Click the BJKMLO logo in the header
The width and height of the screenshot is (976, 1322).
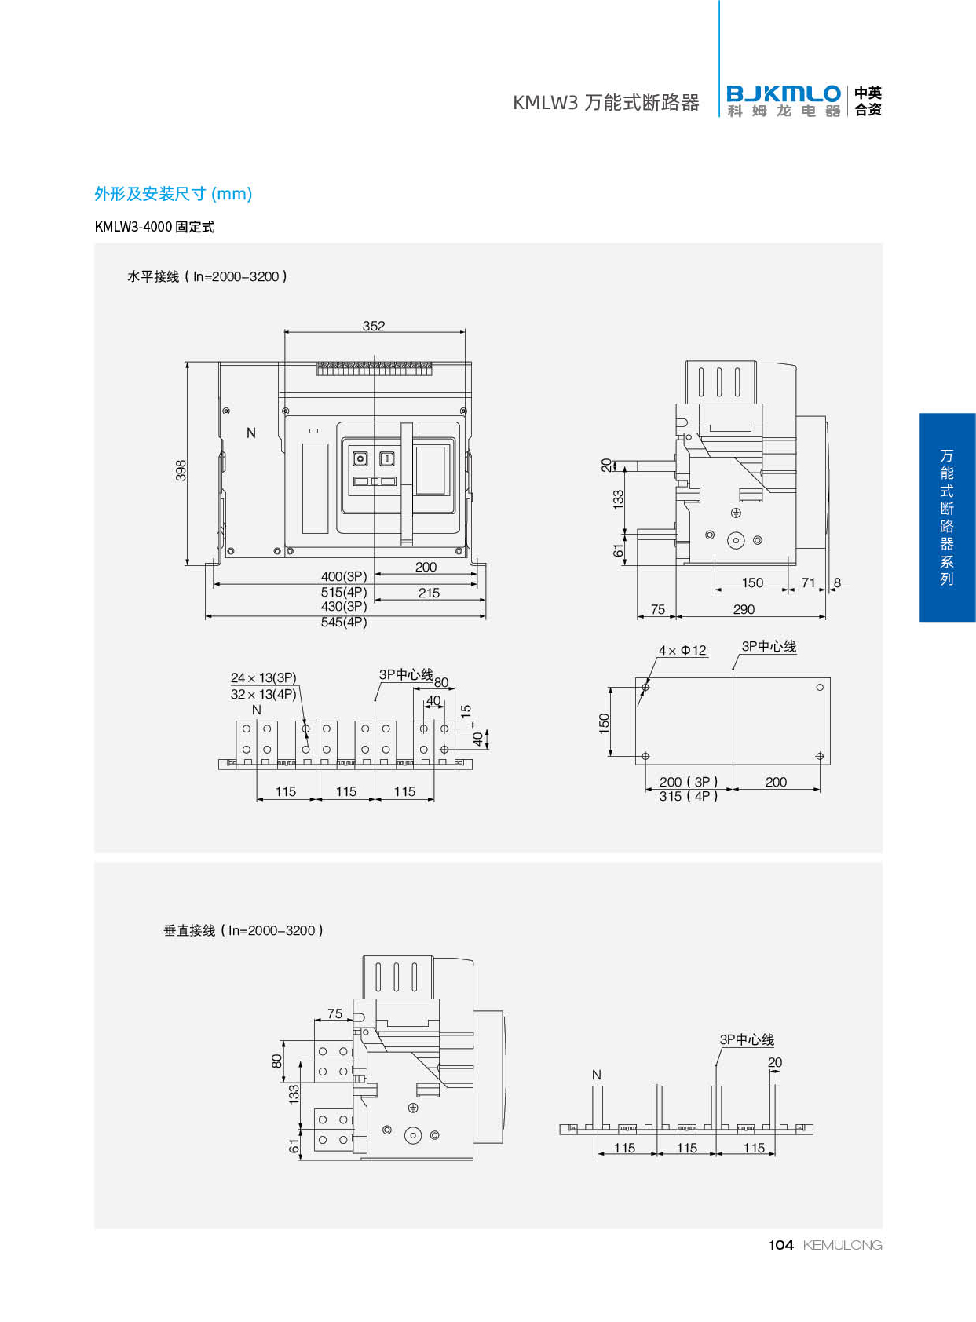[783, 101]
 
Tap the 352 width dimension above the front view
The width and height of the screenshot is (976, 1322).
[374, 326]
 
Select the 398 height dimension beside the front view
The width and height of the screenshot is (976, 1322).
[181, 470]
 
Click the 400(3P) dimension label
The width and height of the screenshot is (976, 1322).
[344, 576]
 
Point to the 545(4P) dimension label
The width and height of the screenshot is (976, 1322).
[344, 622]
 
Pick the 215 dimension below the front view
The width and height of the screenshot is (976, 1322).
[429, 593]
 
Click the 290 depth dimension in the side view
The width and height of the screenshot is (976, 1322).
[744, 609]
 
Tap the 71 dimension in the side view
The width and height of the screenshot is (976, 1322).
[809, 582]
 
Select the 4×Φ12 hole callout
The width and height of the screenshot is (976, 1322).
[682, 650]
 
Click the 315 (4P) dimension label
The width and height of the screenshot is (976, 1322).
[689, 796]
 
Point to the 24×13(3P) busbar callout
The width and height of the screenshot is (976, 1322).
[263, 677]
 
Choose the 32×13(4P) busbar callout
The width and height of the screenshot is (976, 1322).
[263, 694]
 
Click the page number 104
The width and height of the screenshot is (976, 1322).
[780, 1245]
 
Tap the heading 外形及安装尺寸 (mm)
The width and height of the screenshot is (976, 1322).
[173, 194]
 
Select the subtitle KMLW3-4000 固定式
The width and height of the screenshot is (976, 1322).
[155, 227]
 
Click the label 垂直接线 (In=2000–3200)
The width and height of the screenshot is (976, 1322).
[243, 930]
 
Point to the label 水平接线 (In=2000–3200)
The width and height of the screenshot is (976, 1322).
[207, 276]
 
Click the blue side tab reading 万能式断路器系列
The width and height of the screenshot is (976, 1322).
[947, 517]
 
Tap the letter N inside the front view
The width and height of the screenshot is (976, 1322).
[251, 433]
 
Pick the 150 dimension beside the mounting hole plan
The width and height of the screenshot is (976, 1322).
[604, 722]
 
